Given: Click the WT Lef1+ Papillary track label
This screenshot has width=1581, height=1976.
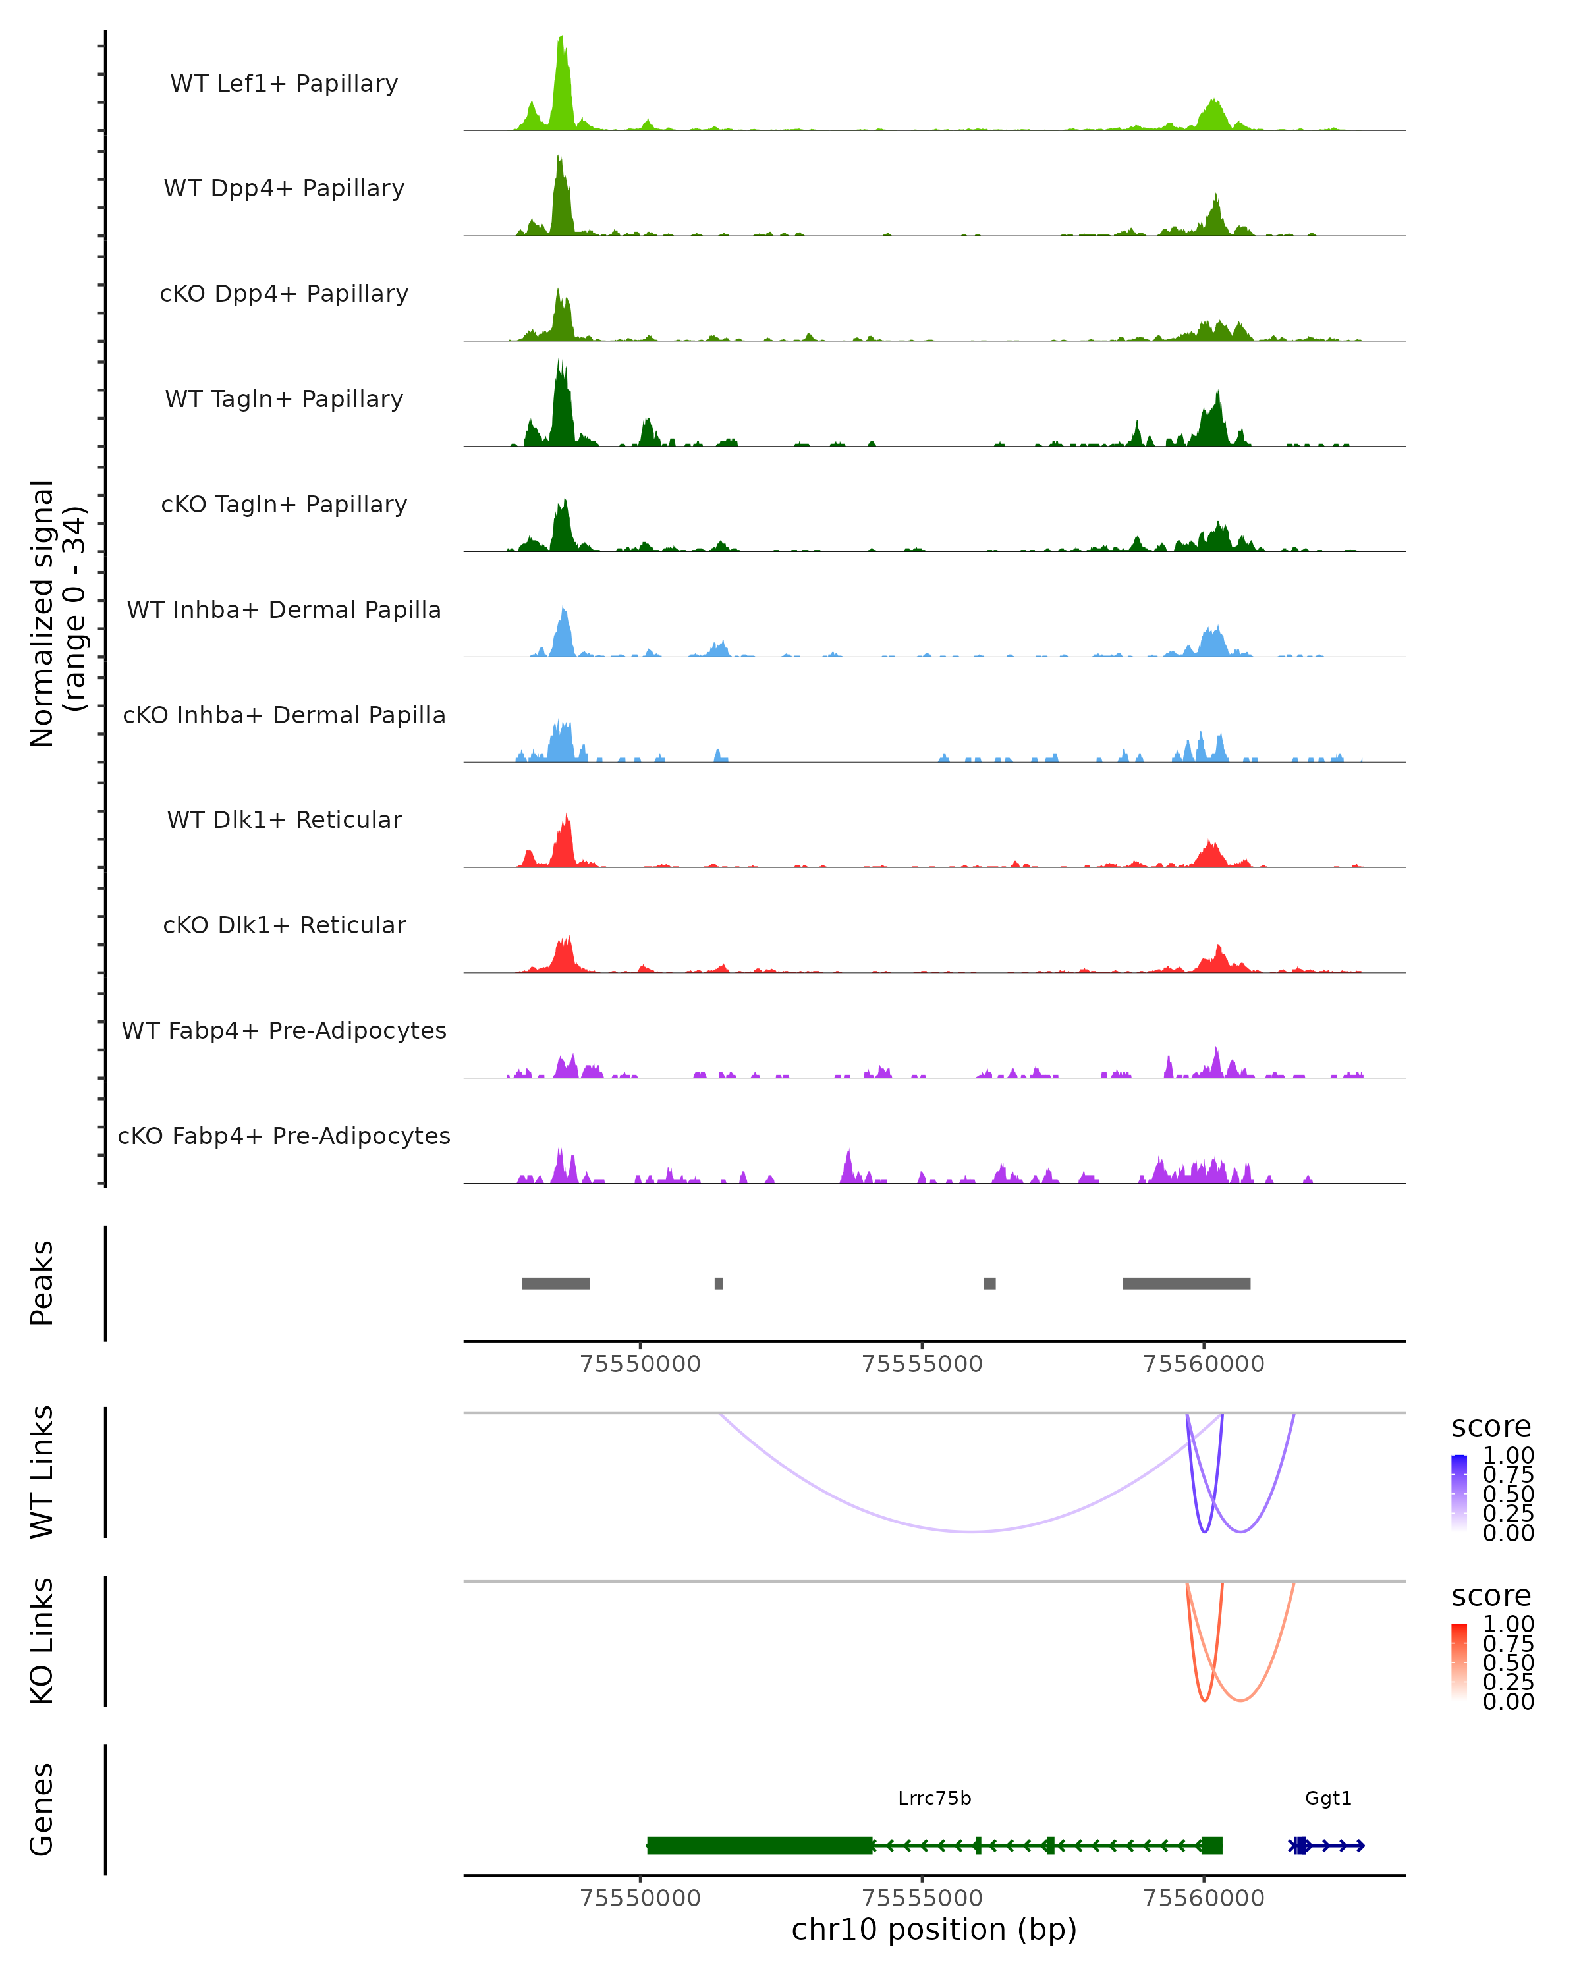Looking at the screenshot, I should click(284, 84).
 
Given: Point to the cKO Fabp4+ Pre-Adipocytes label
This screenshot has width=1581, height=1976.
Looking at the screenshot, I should click(284, 1136).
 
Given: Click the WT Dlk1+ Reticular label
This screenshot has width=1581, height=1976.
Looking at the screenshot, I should click(284, 819).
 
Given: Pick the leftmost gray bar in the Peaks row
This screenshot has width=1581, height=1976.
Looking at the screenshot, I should click(555, 1283).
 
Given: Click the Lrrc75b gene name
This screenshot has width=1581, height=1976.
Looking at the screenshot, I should click(934, 1798).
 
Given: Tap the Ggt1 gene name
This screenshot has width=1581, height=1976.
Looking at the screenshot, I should click(1328, 1798).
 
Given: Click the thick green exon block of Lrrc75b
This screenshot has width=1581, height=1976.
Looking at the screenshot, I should click(760, 1845).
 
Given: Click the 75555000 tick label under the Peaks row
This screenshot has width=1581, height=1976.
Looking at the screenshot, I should click(922, 1364).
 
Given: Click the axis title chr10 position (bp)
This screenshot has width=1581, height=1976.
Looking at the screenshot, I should click(934, 1929).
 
